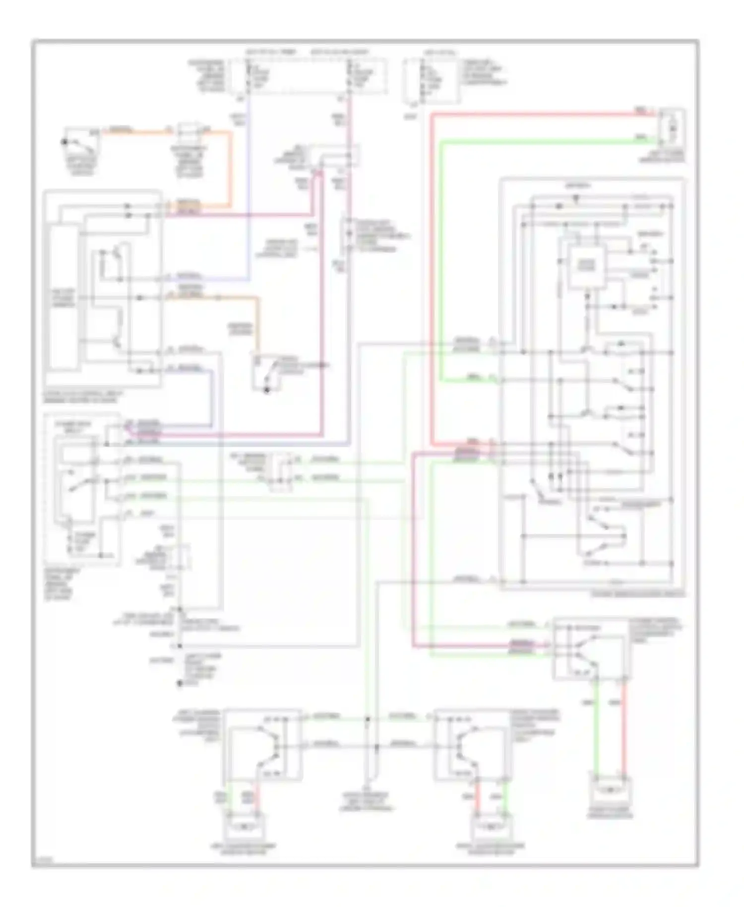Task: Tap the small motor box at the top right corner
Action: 672,129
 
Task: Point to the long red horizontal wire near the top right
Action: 536,115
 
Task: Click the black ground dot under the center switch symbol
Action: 266,390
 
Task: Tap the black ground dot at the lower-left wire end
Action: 180,684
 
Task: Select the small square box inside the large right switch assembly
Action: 586,267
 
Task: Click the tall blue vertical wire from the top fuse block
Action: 248,189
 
